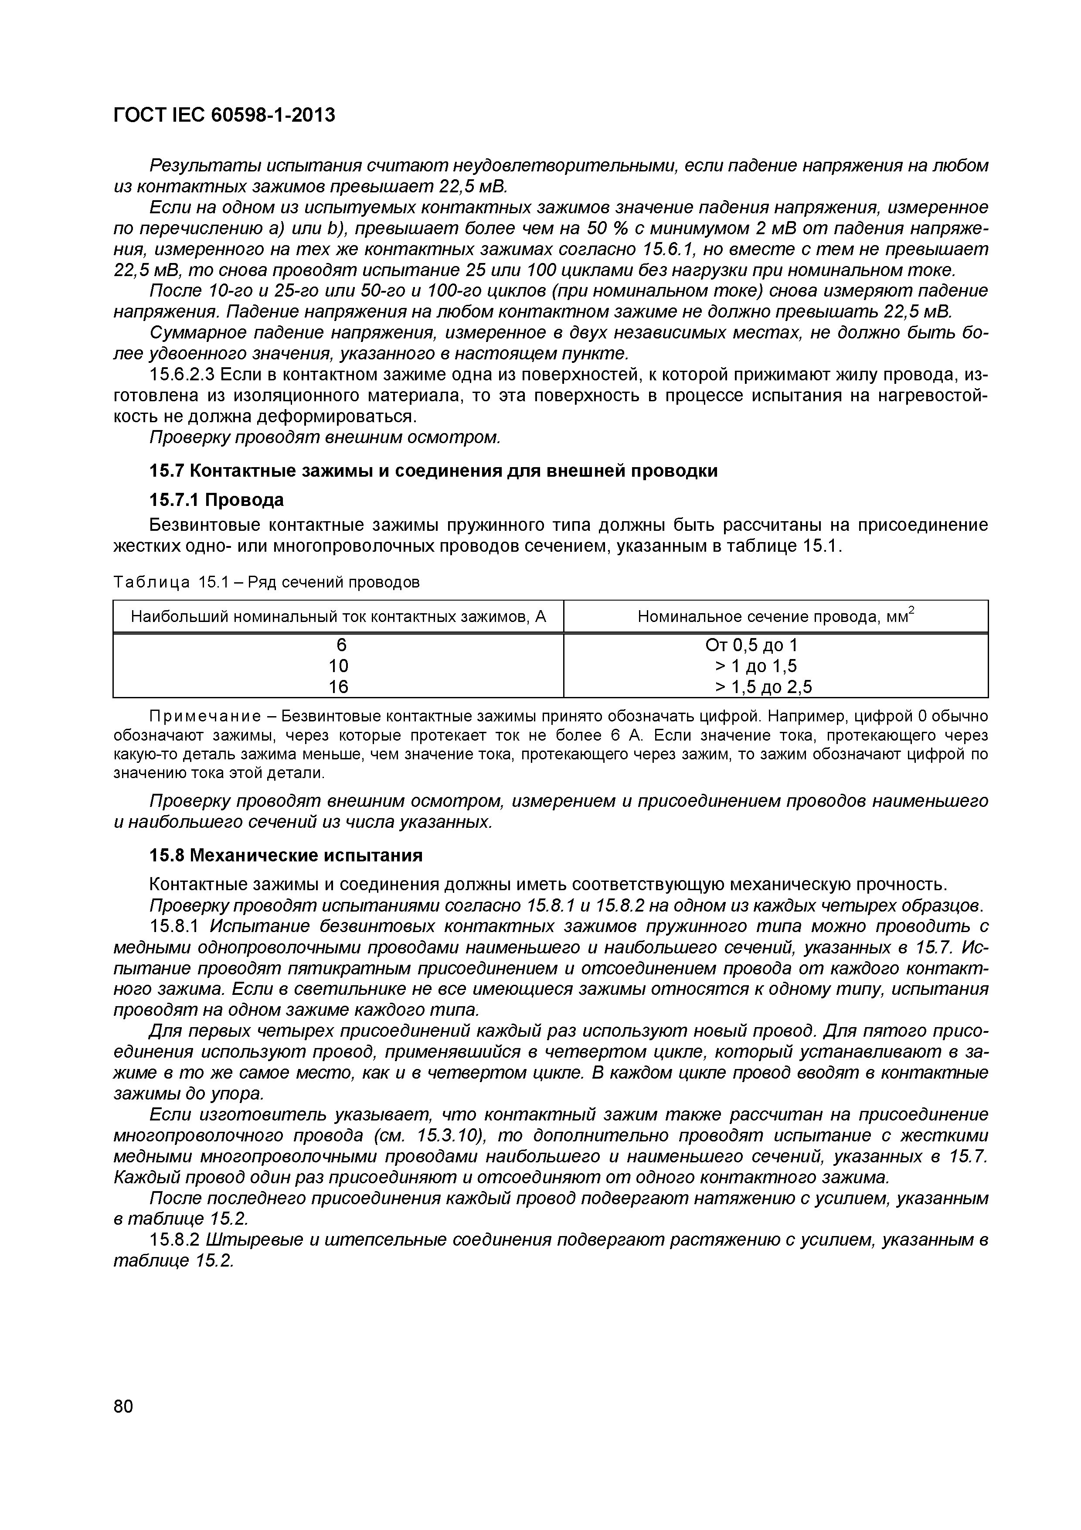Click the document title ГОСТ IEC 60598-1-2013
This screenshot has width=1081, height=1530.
tap(224, 115)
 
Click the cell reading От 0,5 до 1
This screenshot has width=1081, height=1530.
tap(751, 645)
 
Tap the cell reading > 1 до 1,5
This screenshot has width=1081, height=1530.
tap(755, 666)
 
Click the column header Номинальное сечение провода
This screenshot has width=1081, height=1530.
tap(775, 616)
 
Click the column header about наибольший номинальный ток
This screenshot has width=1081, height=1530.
tap(338, 616)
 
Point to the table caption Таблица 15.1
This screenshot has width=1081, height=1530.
tap(266, 582)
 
